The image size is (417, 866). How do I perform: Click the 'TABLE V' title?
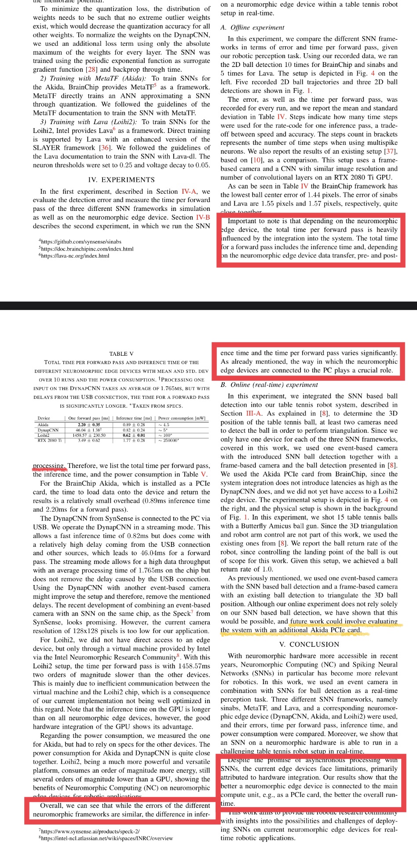pyautogui.click(x=121, y=354)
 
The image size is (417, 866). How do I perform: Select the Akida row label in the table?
pyautogui.click(x=43, y=425)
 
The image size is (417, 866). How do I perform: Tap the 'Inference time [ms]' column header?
pyautogui.click(x=134, y=418)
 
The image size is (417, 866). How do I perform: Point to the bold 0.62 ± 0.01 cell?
pyautogui.click(x=134, y=435)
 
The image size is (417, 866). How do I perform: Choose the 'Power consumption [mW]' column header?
pyautogui.click(x=182, y=418)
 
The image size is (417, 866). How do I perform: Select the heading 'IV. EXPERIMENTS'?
pyautogui.click(x=121, y=180)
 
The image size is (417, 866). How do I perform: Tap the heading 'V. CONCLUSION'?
pyautogui.click(x=309, y=645)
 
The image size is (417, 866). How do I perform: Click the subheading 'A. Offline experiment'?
pyautogui.click(x=252, y=27)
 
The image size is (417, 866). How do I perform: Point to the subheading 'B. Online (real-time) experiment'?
pyautogui.click(x=269, y=385)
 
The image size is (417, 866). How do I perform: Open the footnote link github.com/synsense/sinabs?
pyautogui.click(x=81, y=242)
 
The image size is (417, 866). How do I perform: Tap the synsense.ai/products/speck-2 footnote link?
pyautogui.click(x=90, y=831)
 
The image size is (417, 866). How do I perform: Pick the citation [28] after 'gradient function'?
pyautogui.click(x=91, y=70)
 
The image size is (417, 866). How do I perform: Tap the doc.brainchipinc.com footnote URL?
pyautogui.click(x=87, y=249)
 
